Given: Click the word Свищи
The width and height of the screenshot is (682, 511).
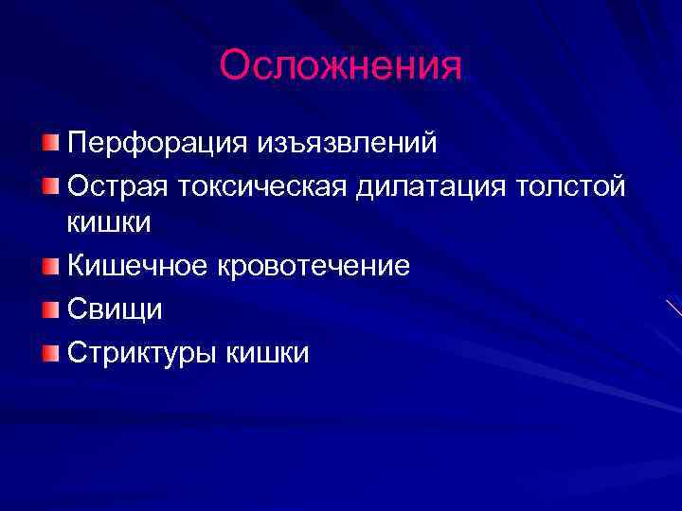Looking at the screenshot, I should (115, 309).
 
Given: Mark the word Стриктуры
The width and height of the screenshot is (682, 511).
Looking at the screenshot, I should (142, 353).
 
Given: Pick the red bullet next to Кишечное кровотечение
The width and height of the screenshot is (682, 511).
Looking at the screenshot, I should (50, 266).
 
